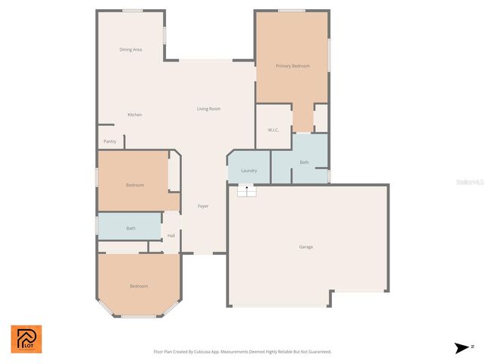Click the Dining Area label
[x=131, y=50]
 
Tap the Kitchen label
[x=135, y=115]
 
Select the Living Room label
[x=208, y=109]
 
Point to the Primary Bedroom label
[x=293, y=66]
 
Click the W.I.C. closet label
[x=274, y=130]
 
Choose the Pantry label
[x=110, y=141]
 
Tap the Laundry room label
[x=249, y=171]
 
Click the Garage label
[x=306, y=246]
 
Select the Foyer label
[x=203, y=206]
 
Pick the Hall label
[x=171, y=236]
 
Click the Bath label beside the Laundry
[x=304, y=162]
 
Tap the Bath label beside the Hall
[x=131, y=227]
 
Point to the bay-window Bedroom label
[x=139, y=286]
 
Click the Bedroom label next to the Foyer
[x=135, y=185]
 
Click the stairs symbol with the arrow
[x=246, y=190]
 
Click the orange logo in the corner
[x=27, y=339]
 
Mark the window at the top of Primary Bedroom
[x=291, y=11]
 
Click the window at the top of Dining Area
[x=133, y=11]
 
